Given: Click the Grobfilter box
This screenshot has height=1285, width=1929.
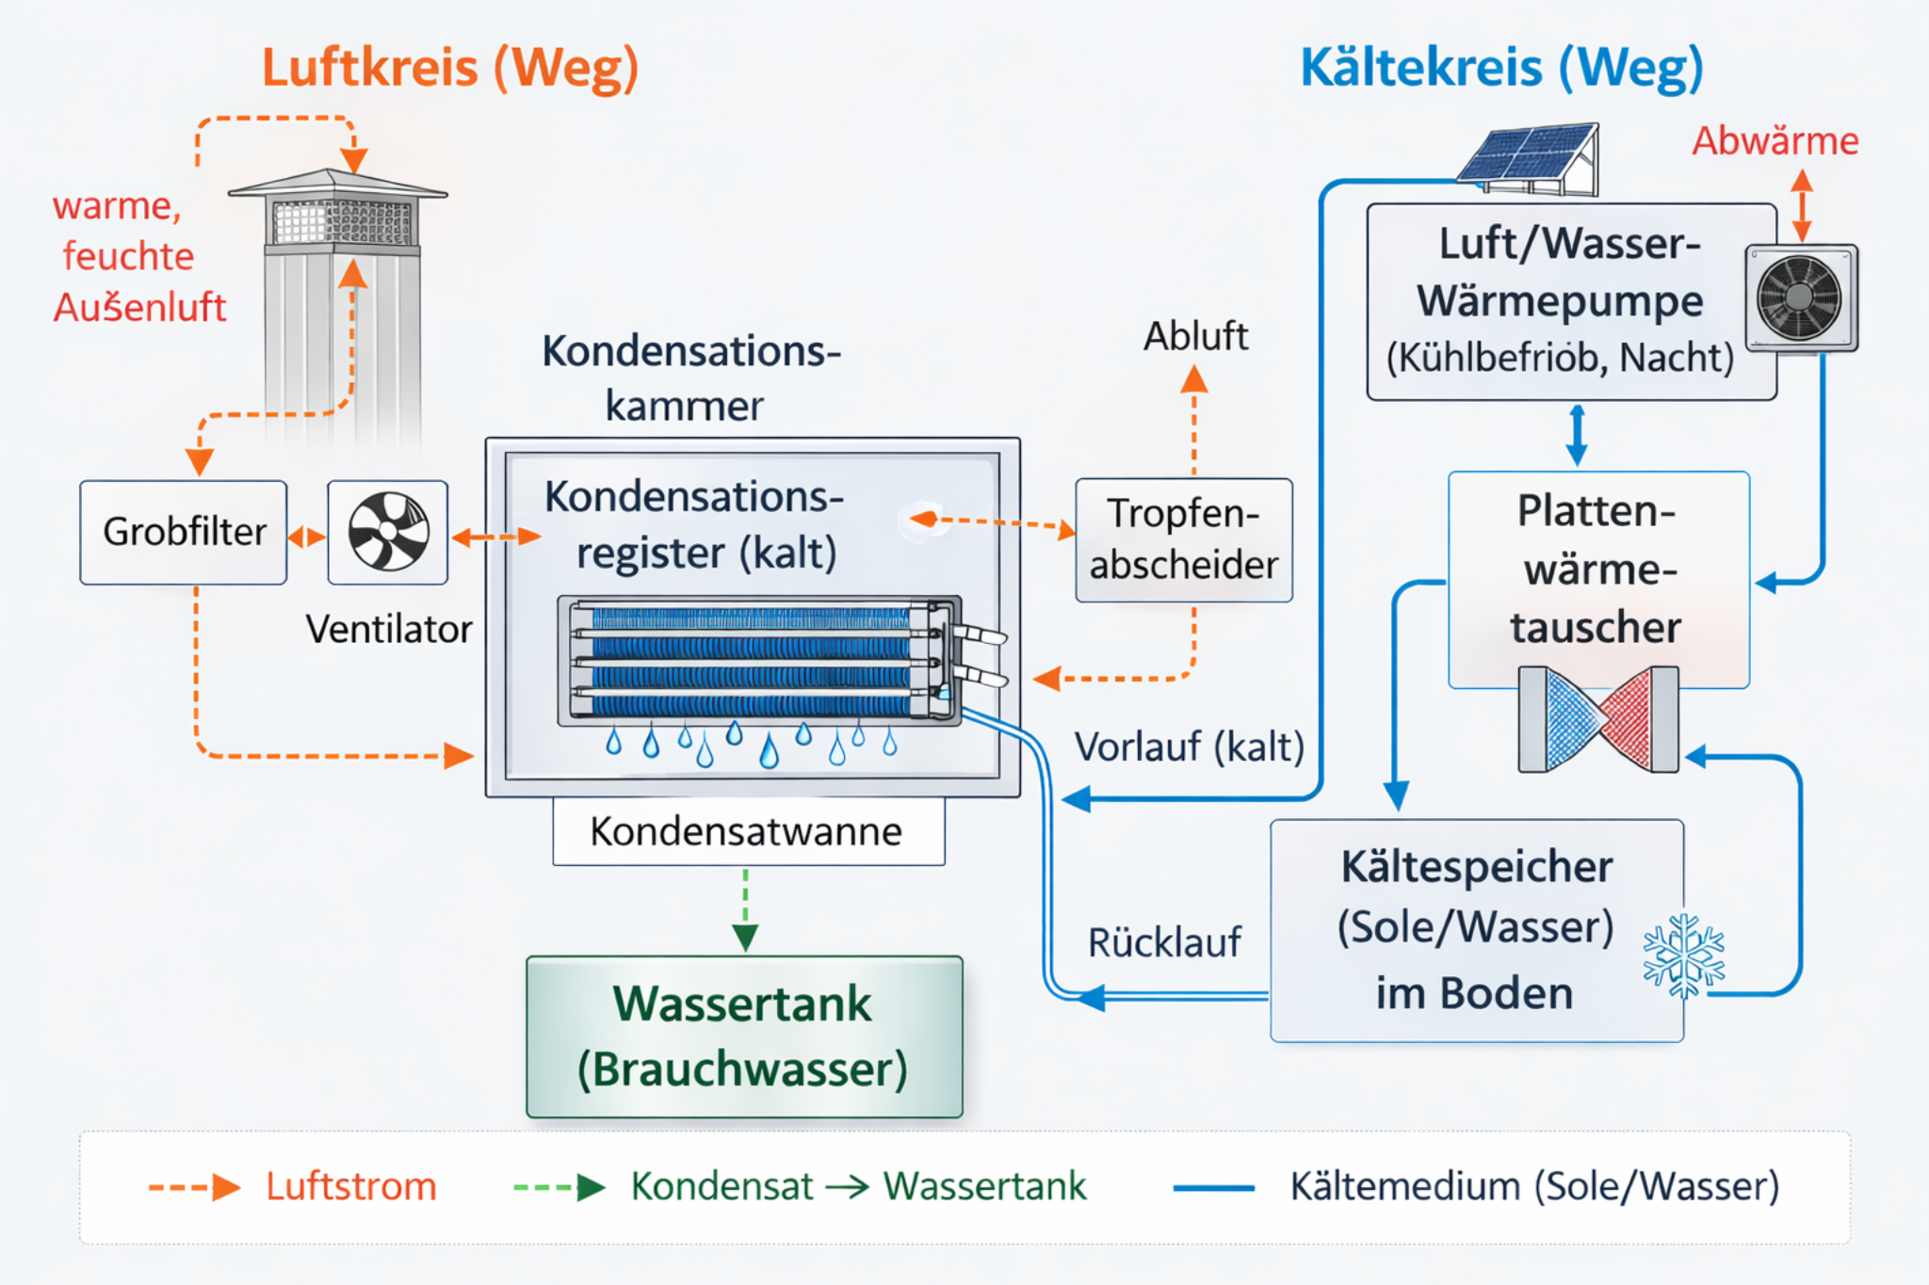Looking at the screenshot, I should [x=184, y=532].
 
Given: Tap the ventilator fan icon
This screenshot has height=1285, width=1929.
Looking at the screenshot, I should [x=388, y=532].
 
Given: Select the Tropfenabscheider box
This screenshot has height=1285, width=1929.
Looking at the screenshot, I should [x=1183, y=539].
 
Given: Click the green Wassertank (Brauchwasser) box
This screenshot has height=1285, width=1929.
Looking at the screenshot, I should [x=744, y=1036].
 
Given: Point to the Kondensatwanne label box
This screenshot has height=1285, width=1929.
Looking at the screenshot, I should [x=748, y=831].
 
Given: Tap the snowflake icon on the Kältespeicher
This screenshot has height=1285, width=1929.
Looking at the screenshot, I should [x=1683, y=956].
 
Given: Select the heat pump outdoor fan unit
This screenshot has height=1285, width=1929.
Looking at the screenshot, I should [x=1800, y=297].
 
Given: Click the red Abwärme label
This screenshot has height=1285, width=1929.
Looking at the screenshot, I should [x=1775, y=141].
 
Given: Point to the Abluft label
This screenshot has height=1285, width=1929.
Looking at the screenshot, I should [x=1195, y=336].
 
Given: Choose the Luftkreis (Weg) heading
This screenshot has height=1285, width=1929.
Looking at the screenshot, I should [x=450, y=68].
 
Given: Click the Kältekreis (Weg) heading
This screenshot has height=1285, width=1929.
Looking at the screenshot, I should [x=1501, y=68].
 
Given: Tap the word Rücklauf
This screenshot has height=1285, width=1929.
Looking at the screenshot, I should [x=1164, y=942].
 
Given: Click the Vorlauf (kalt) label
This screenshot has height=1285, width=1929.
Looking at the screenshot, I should [x=1189, y=747].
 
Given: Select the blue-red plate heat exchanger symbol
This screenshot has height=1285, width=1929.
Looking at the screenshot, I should [x=1598, y=719].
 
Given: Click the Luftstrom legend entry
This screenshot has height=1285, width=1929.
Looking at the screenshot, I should [x=349, y=1186].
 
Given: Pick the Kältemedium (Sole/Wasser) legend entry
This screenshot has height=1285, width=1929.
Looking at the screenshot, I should [x=1533, y=1186].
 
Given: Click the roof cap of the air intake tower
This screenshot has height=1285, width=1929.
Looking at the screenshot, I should [x=337, y=183].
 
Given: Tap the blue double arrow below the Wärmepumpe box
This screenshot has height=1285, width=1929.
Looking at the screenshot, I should [x=1577, y=435].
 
